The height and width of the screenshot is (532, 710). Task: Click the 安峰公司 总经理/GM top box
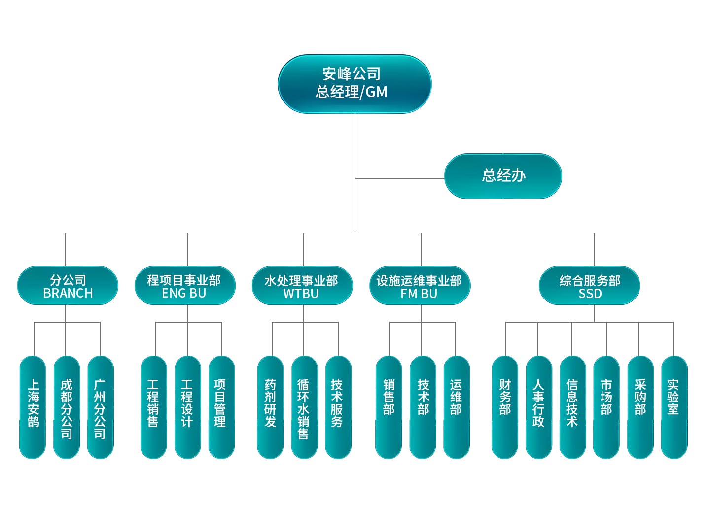click(x=355, y=84)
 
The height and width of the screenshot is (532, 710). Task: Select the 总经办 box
click(x=503, y=176)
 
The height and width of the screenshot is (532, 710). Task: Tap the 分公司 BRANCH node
click(x=68, y=286)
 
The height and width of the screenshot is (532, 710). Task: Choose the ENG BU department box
click(x=185, y=286)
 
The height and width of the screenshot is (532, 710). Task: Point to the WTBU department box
click(x=302, y=286)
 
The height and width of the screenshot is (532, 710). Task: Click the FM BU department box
click(x=420, y=286)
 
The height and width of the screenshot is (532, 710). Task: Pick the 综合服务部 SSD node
click(x=589, y=286)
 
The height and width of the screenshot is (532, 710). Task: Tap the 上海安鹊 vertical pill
click(x=33, y=407)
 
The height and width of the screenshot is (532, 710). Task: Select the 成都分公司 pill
click(x=67, y=407)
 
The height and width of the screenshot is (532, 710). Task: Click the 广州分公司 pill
click(x=100, y=407)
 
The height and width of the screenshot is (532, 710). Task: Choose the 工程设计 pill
click(x=188, y=407)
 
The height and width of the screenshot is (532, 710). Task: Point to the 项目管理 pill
click(x=221, y=407)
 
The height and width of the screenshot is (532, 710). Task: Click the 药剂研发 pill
click(x=270, y=407)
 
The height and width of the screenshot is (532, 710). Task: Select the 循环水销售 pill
click(x=304, y=407)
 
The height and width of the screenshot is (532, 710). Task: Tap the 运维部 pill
click(x=457, y=407)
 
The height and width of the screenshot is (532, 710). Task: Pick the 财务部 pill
click(x=505, y=407)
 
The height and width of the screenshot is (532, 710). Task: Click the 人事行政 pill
click(x=539, y=407)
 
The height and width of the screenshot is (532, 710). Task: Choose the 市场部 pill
click(x=606, y=407)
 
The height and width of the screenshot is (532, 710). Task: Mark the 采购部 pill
click(x=640, y=407)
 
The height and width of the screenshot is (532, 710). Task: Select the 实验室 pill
click(x=674, y=407)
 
